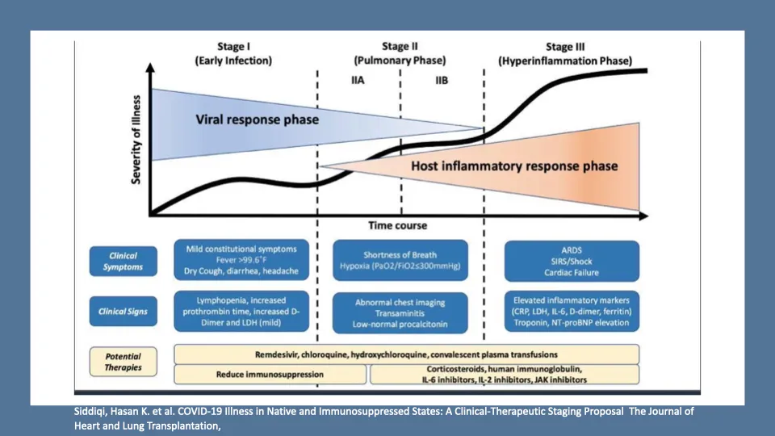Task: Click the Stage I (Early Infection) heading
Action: pos(233,53)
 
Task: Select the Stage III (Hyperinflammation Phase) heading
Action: pos(565,54)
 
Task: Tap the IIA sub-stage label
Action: pos(358,80)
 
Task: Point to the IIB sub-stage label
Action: pos(442,80)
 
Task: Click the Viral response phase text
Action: pos(257,119)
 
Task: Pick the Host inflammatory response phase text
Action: pos(514,166)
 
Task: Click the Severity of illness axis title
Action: pos(136,140)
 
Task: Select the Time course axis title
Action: pos(397,225)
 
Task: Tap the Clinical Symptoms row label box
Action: pos(123,261)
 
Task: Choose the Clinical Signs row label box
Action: pos(123,312)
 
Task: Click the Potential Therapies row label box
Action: pos(123,362)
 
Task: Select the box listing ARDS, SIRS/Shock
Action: pos(572,261)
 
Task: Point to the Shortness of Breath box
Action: pos(400,261)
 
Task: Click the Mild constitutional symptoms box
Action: pos(241,260)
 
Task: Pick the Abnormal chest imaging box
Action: pos(400,313)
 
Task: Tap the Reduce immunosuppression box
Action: pos(270,374)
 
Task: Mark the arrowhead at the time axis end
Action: pos(643,216)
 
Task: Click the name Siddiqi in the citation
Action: pos(89,412)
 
